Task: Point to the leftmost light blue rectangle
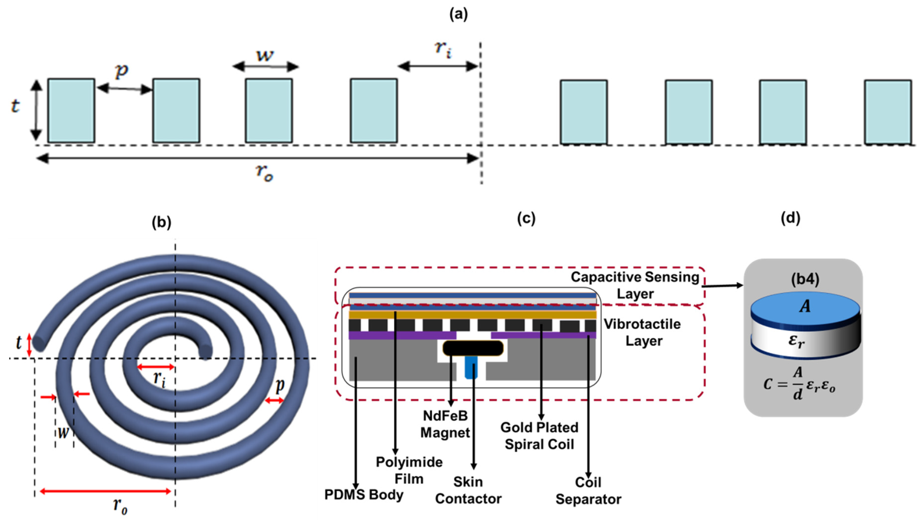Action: point(71,110)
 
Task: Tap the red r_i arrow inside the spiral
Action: point(156,367)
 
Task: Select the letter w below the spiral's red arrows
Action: point(63,433)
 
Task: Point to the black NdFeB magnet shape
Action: point(473,348)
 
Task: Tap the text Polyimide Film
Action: point(409,470)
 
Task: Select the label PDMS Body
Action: point(364,495)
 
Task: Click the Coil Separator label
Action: point(588,491)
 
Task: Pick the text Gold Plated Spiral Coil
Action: point(539,436)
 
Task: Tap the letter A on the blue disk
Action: point(804,306)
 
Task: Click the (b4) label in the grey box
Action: point(804,279)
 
